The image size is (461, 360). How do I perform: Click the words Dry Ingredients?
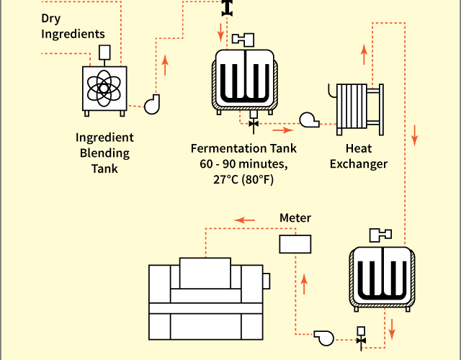(73, 26)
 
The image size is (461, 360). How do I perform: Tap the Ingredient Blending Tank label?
(104, 153)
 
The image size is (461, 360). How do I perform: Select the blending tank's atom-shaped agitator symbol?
(104, 88)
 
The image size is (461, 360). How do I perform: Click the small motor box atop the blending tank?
(104, 53)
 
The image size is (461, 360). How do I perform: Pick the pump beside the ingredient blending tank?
(152, 104)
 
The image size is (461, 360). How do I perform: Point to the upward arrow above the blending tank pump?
(165, 65)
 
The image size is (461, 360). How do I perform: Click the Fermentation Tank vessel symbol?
(245, 81)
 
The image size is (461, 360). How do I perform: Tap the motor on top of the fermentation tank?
(243, 40)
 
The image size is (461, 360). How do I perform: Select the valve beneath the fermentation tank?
(254, 123)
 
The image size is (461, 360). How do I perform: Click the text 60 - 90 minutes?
(243, 164)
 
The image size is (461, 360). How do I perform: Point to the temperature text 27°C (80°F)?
(243, 179)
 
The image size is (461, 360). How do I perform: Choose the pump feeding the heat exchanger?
(309, 120)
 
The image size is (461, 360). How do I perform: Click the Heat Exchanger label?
(359, 156)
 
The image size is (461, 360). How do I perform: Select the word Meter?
(295, 217)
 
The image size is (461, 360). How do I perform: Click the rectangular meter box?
(295, 244)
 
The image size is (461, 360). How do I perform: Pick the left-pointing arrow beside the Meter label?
(245, 220)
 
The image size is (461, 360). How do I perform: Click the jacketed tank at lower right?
(382, 279)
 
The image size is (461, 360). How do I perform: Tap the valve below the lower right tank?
(361, 338)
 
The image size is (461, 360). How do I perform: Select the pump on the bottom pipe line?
(324, 338)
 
